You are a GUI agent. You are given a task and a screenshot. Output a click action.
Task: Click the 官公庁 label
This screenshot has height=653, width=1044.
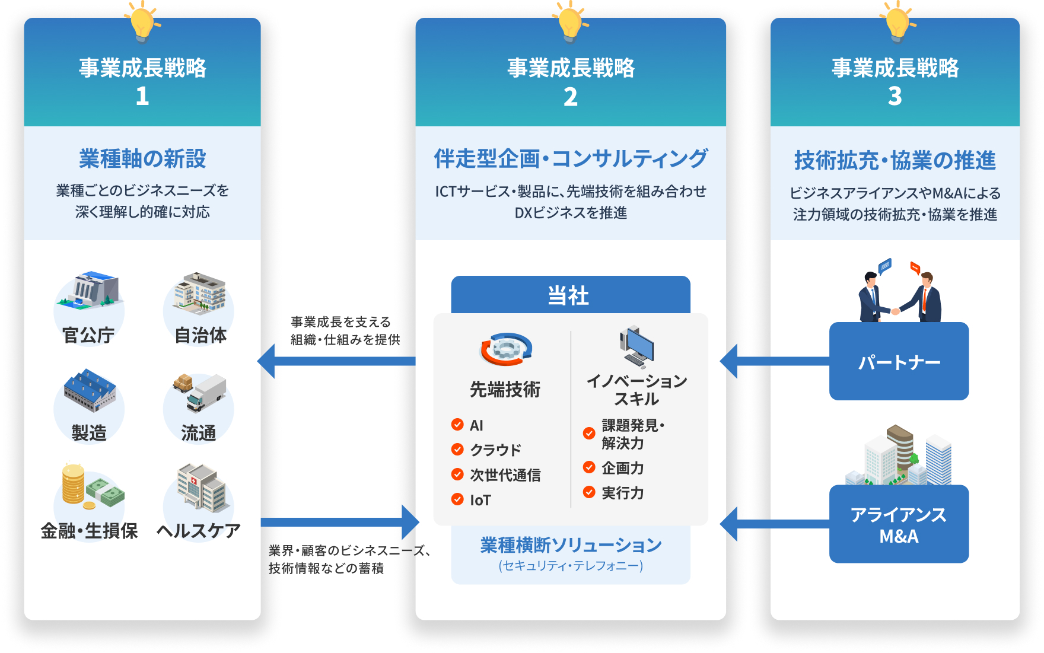point(88,335)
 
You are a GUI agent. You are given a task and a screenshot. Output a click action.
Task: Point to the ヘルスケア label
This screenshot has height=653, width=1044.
point(199,530)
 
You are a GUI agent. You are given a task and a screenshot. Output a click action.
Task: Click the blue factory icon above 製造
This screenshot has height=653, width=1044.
point(90,390)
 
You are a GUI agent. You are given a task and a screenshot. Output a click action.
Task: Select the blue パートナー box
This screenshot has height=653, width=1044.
point(899,361)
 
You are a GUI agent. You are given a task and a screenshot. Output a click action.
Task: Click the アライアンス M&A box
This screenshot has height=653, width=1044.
point(899,524)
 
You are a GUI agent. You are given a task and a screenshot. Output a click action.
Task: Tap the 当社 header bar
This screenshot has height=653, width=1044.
point(570,295)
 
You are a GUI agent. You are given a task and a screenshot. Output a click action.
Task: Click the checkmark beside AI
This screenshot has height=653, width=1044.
point(457,425)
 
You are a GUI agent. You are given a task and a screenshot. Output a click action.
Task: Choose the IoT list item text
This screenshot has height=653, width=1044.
point(480,500)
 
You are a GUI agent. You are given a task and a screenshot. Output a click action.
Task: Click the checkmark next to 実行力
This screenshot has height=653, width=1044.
point(589,492)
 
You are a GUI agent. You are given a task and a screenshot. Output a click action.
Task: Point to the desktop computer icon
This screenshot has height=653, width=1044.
point(636,347)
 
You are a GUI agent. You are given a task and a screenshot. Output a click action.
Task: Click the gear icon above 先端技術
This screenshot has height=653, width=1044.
point(505,349)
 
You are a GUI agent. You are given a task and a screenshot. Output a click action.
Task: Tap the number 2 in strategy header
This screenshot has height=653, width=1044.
point(570,97)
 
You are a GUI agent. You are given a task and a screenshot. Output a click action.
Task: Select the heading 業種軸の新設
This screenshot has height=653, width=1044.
point(142,158)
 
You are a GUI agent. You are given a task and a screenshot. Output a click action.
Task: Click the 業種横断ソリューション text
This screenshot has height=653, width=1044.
point(571,544)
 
